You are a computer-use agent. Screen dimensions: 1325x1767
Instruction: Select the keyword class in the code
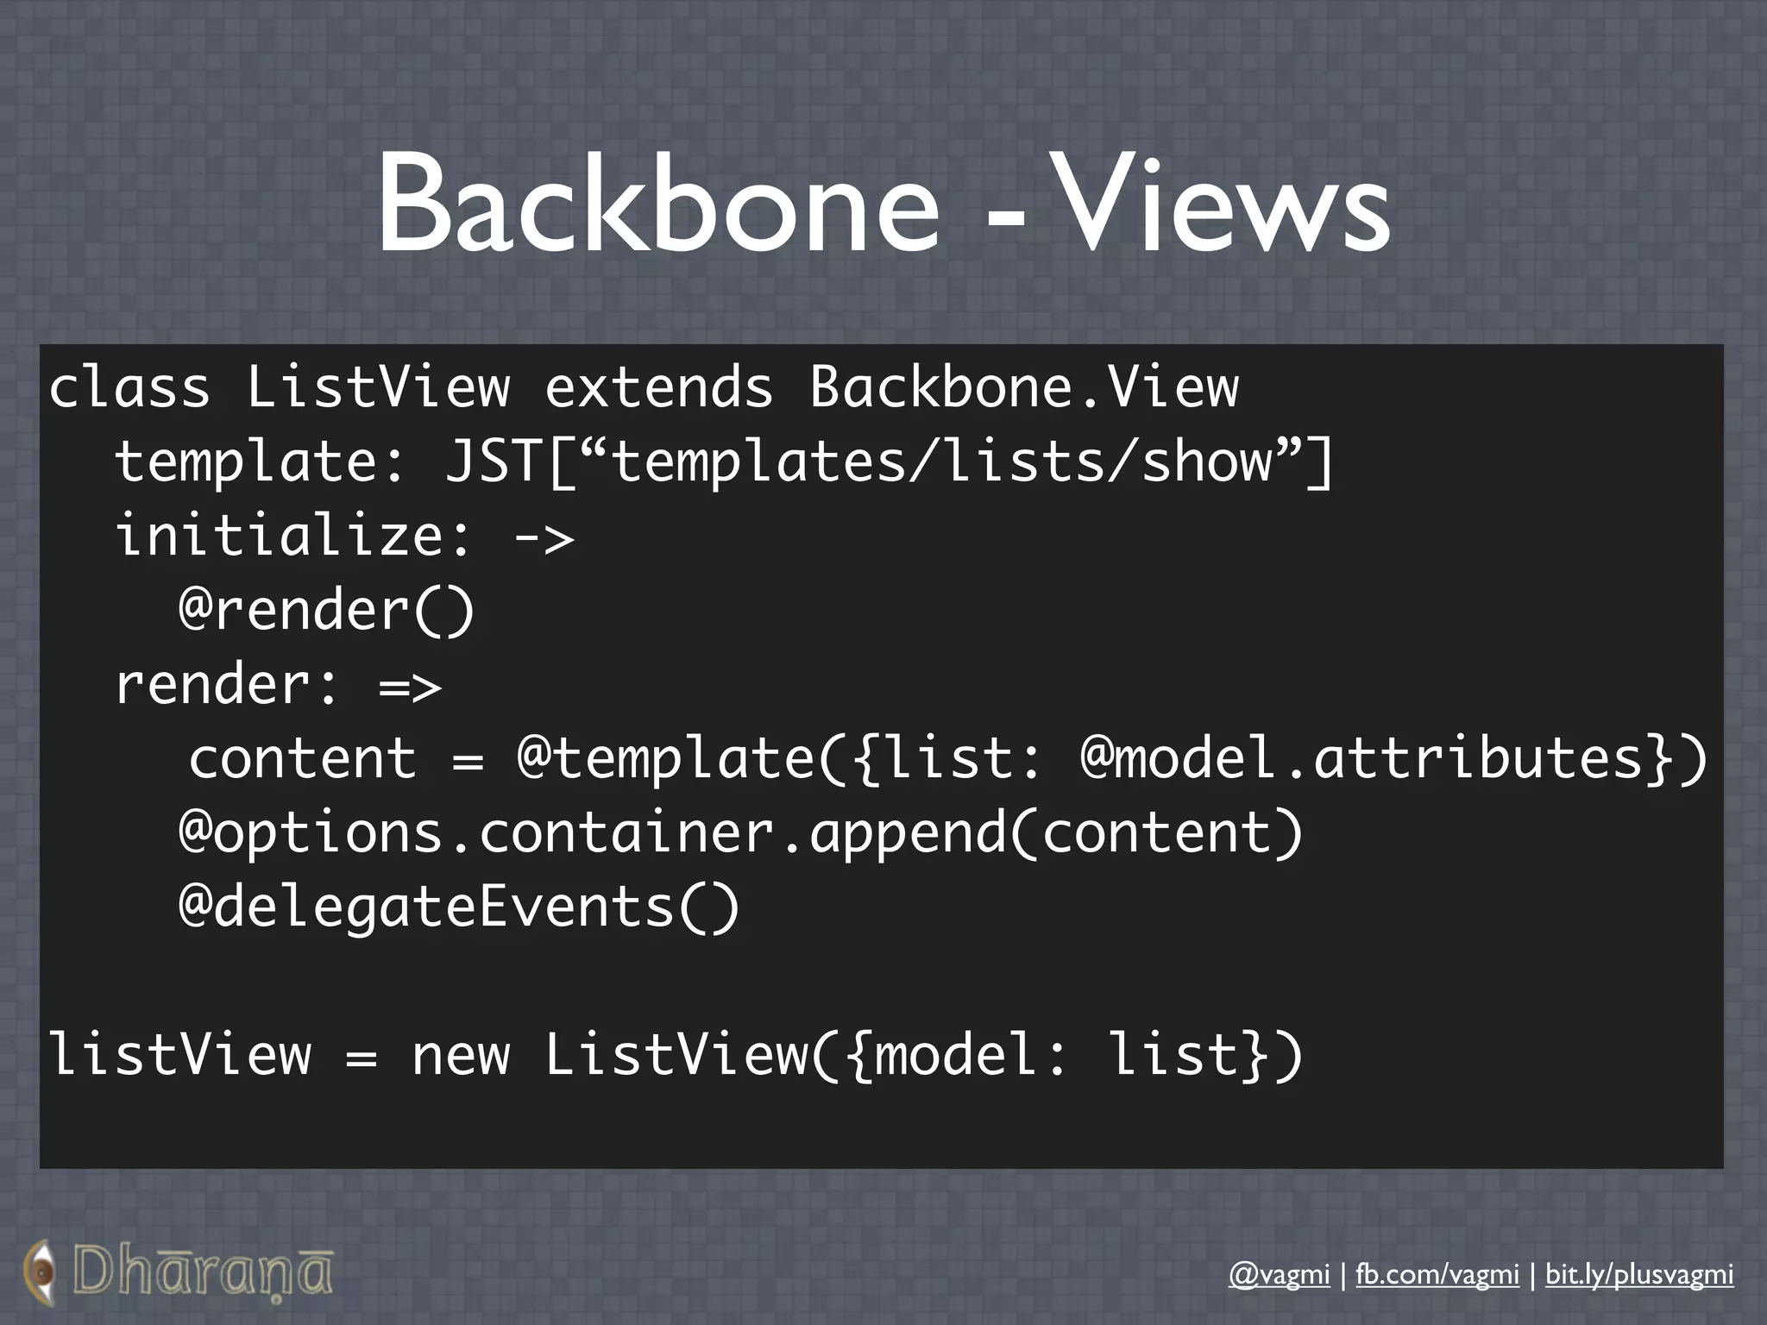[x=129, y=386]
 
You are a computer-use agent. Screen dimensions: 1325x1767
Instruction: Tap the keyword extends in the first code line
[x=658, y=386]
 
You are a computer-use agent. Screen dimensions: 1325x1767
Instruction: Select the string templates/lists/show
[x=941, y=461]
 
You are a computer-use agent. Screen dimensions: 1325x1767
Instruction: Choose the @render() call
[x=326, y=610]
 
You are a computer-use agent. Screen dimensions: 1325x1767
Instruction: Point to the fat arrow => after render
[x=411, y=687]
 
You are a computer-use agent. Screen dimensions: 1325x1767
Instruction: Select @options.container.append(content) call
[x=740, y=833]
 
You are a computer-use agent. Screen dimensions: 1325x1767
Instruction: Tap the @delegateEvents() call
[x=459, y=907]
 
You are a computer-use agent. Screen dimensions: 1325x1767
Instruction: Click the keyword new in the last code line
[x=461, y=1056]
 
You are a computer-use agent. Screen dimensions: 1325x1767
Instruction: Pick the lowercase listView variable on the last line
[x=179, y=1056]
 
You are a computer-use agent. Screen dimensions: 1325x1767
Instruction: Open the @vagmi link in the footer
[x=1279, y=1274]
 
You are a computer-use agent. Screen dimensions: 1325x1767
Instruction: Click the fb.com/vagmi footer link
[x=1437, y=1274]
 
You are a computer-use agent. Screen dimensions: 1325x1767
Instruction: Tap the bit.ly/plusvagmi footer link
[x=1638, y=1274]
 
